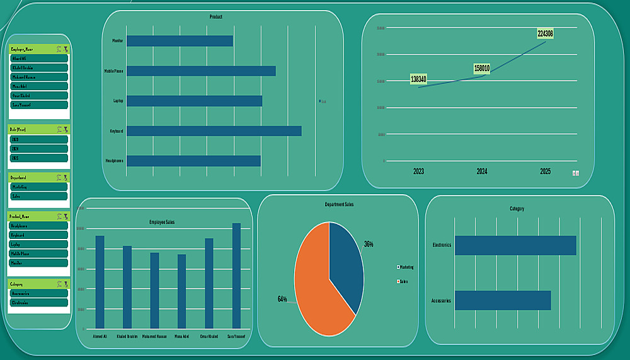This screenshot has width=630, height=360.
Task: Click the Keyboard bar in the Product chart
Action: (x=214, y=131)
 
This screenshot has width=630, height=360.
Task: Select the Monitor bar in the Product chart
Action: (x=180, y=41)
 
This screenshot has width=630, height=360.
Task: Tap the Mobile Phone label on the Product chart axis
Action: (x=114, y=71)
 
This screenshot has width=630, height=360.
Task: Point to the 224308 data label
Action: (x=545, y=33)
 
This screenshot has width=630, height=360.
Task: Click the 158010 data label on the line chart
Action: (x=481, y=68)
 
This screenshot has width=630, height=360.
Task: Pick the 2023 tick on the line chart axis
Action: (x=419, y=171)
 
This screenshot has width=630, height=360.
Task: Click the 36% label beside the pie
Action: (x=369, y=244)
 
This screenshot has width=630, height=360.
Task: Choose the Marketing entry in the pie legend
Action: (x=406, y=267)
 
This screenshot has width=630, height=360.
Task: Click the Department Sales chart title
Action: (x=339, y=205)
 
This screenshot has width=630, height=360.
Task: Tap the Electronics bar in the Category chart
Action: (x=515, y=245)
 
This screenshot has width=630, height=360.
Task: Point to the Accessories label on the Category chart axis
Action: (x=441, y=301)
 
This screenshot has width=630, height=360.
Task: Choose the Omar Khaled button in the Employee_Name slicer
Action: (x=38, y=96)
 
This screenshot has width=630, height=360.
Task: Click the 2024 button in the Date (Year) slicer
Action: (x=38, y=149)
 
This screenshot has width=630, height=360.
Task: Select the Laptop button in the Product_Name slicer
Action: (x=38, y=244)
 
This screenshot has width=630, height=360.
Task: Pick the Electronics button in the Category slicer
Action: (x=38, y=303)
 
